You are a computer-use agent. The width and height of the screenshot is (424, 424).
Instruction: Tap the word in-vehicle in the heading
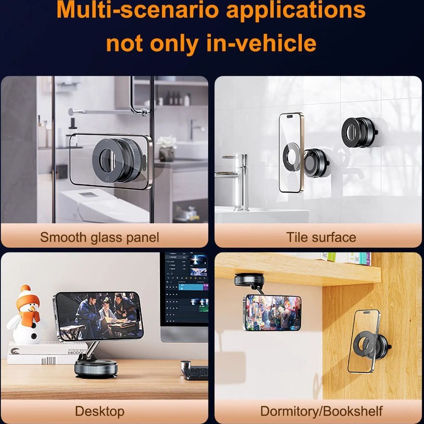pos(261,43)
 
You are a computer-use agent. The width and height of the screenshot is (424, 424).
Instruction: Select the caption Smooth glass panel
pos(99,238)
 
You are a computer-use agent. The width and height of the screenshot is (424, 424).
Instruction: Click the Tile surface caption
pos(321,237)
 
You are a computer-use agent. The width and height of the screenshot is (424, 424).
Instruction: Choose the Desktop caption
pos(100,411)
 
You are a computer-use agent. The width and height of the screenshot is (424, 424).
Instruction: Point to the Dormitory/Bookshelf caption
pos(321,411)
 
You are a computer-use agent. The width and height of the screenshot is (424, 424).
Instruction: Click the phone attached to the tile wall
pos(291,153)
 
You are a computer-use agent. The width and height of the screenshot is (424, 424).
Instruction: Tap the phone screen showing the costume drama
pos(99,316)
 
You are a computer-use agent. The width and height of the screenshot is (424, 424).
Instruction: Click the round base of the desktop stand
pos(96,369)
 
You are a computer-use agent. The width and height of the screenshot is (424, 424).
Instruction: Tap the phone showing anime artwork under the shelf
pos(272,313)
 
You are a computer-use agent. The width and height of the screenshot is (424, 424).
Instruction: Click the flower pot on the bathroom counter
pos(167,154)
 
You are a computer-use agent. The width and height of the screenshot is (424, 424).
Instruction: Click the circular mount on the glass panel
pos(118,160)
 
